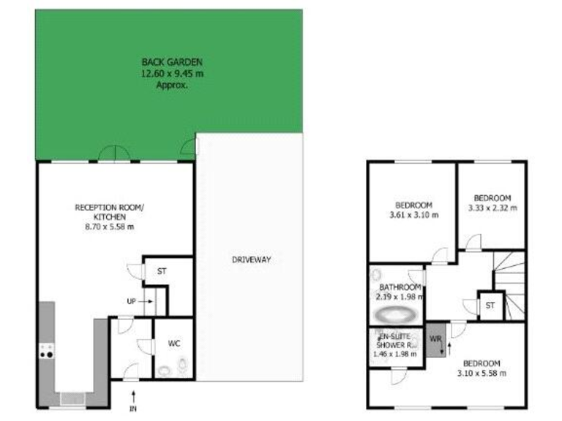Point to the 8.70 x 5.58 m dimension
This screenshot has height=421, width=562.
(110, 227)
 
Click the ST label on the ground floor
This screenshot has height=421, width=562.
(162, 270)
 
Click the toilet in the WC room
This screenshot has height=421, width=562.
(183, 363)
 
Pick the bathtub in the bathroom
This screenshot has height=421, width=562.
(395, 316)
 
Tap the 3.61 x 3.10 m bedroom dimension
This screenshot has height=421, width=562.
(413, 215)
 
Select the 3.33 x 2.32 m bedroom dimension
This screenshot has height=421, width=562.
(492, 208)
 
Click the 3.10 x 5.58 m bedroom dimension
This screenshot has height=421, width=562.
(481, 373)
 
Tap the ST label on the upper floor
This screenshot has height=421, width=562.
(490, 306)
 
